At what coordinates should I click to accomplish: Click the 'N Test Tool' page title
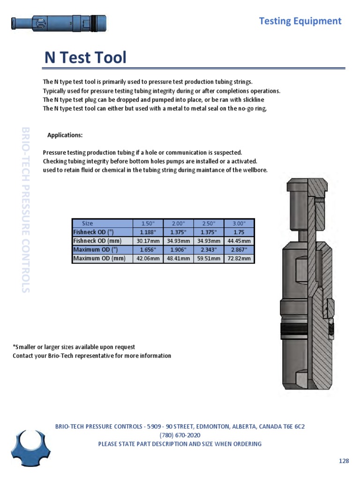(85, 58)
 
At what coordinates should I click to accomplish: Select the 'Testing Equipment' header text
(300, 21)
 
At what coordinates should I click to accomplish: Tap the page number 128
(344, 461)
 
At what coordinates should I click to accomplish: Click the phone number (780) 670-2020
(180, 435)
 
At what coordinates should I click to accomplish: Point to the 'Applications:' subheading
(65, 135)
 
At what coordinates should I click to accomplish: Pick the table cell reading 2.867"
(239, 250)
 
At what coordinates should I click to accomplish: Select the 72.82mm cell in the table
(239, 259)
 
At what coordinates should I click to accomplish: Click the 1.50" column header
(148, 224)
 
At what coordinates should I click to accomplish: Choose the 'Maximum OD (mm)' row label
(99, 259)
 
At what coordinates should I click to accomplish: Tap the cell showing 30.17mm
(148, 241)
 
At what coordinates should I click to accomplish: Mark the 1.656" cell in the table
(148, 250)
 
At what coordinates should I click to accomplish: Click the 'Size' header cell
(88, 224)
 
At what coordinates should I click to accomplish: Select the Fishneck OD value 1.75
(239, 232)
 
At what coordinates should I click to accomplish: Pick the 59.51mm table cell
(209, 259)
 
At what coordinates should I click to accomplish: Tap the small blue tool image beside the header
(59, 22)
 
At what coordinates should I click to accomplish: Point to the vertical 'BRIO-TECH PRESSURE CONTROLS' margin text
(26, 209)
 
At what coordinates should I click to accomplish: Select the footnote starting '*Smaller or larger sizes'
(74, 347)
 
